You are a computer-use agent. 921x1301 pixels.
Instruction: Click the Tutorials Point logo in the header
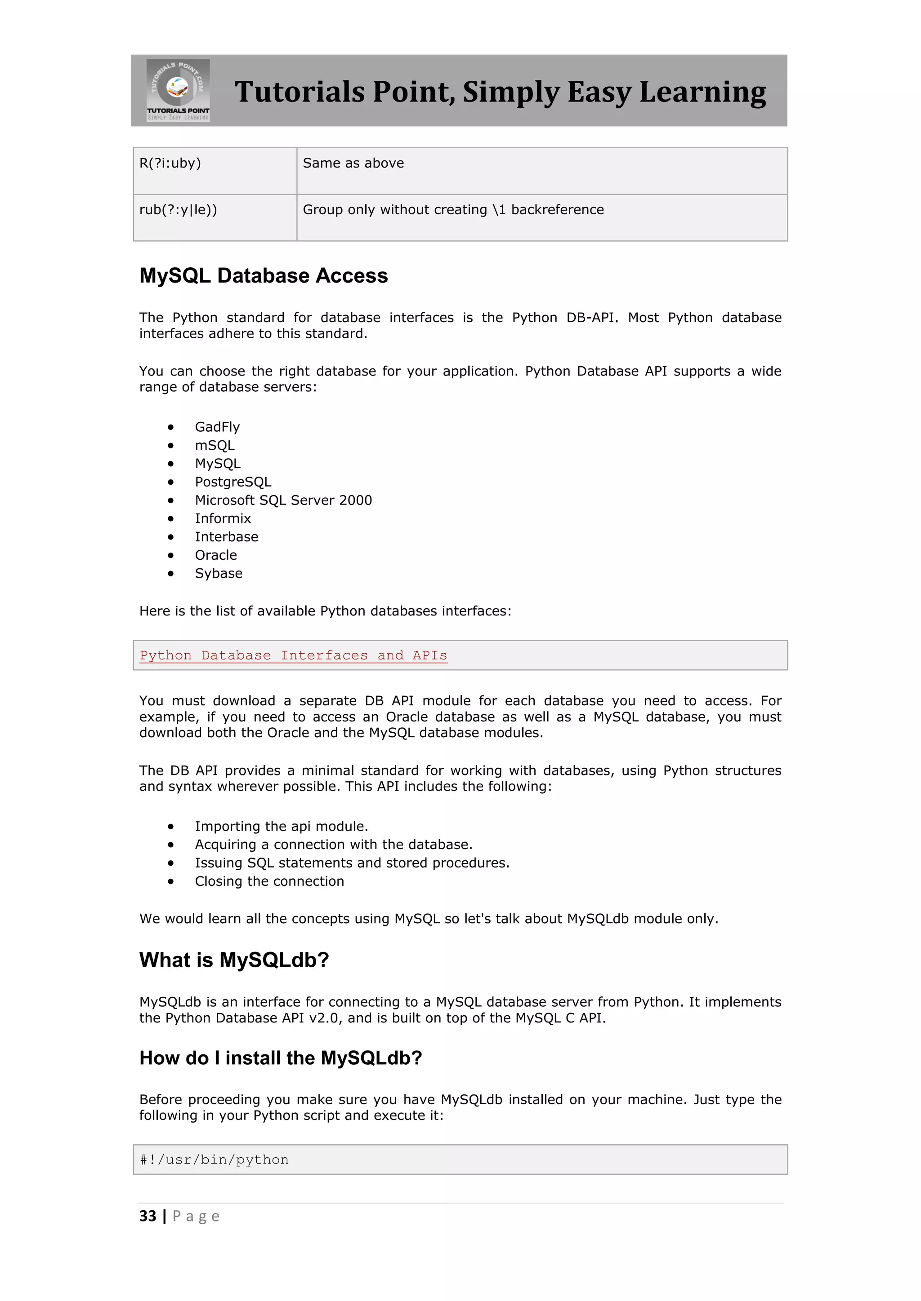(178, 90)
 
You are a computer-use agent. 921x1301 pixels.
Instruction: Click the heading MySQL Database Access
(264, 276)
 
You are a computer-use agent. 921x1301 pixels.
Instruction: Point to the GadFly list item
(217, 427)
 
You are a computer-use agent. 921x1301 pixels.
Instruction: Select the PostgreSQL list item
(233, 482)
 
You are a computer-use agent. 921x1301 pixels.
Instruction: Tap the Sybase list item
(219, 573)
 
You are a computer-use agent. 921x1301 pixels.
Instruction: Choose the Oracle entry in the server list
(215, 555)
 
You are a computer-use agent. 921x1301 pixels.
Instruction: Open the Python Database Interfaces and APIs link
(293, 655)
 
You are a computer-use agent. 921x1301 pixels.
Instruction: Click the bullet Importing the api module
(281, 827)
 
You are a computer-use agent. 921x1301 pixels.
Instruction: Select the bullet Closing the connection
(269, 882)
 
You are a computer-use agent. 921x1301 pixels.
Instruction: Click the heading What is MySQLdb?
(234, 960)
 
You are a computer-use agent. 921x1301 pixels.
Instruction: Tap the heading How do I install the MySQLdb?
(281, 1058)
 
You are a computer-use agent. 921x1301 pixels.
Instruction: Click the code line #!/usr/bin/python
(215, 1160)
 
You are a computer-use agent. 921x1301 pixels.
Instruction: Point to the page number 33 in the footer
(148, 1216)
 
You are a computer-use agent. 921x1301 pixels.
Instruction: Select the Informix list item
(223, 519)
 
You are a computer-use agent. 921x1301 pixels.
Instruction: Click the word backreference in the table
(558, 210)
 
